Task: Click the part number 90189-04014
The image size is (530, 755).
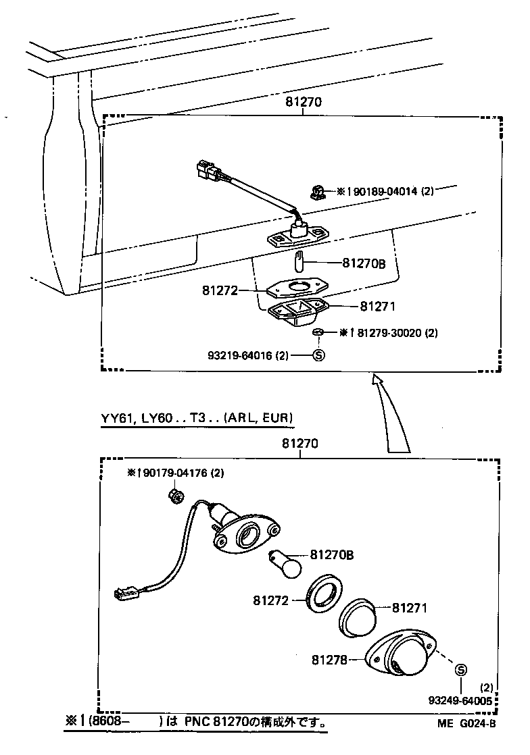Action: [x=383, y=192]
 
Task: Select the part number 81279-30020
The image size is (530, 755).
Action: [x=390, y=333]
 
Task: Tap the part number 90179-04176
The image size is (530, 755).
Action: [x=176, y=473]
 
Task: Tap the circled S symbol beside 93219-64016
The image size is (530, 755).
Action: [x=319, y=355]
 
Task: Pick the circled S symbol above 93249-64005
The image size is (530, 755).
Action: [x=461, y=670]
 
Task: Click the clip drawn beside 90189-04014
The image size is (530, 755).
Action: [x=316, y=193]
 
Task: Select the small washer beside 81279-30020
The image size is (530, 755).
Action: [x=318, y=332]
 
